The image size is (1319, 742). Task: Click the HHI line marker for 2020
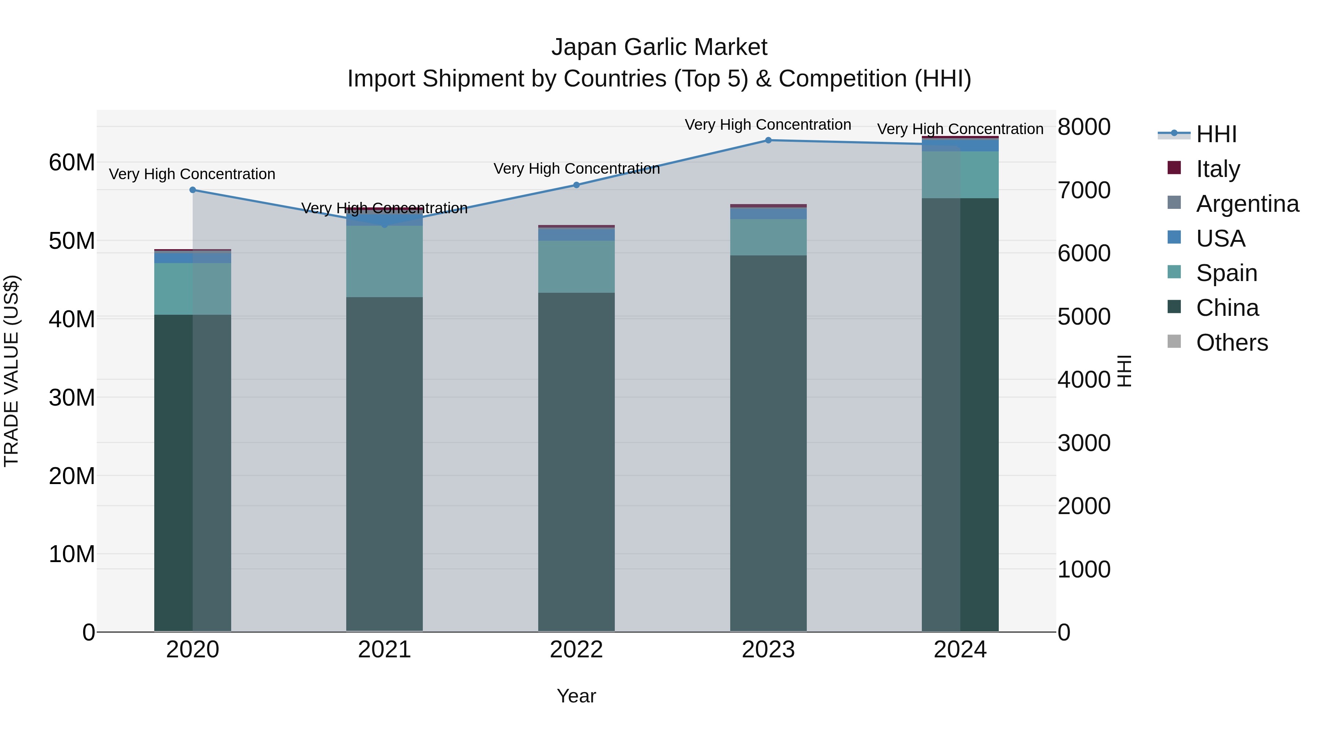click(x=192, y=190)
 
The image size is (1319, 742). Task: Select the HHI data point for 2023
click(x=768, y=140)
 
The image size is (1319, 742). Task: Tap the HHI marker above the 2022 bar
click(x=577, y=185)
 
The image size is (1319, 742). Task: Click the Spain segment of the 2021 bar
click(x=385, y=261)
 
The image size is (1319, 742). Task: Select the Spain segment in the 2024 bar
click(x=960, y=175)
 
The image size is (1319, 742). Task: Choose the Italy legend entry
click(x=1218, y=169)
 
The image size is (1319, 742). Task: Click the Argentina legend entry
click(x=1247, y=203)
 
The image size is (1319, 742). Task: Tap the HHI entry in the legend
click(x=1216, y=134)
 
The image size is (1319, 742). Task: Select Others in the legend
click(x=1231, y=342)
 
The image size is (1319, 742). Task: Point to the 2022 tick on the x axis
click(x=577, y=650)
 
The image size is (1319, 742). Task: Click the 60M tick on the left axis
click(x=72, y=162)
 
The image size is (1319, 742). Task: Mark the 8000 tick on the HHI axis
click(x=1084, y=127)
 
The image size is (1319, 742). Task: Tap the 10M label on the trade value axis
click(x=72, y=554)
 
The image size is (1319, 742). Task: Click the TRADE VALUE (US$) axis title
click(x=11, y=371)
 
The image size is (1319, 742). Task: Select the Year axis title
click(x=577, y=696)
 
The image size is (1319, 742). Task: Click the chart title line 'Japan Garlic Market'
click(x=659, y=47)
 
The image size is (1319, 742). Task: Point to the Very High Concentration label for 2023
click(x=768, y=125)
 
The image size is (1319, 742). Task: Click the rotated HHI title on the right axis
click(x=1124, y=371)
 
